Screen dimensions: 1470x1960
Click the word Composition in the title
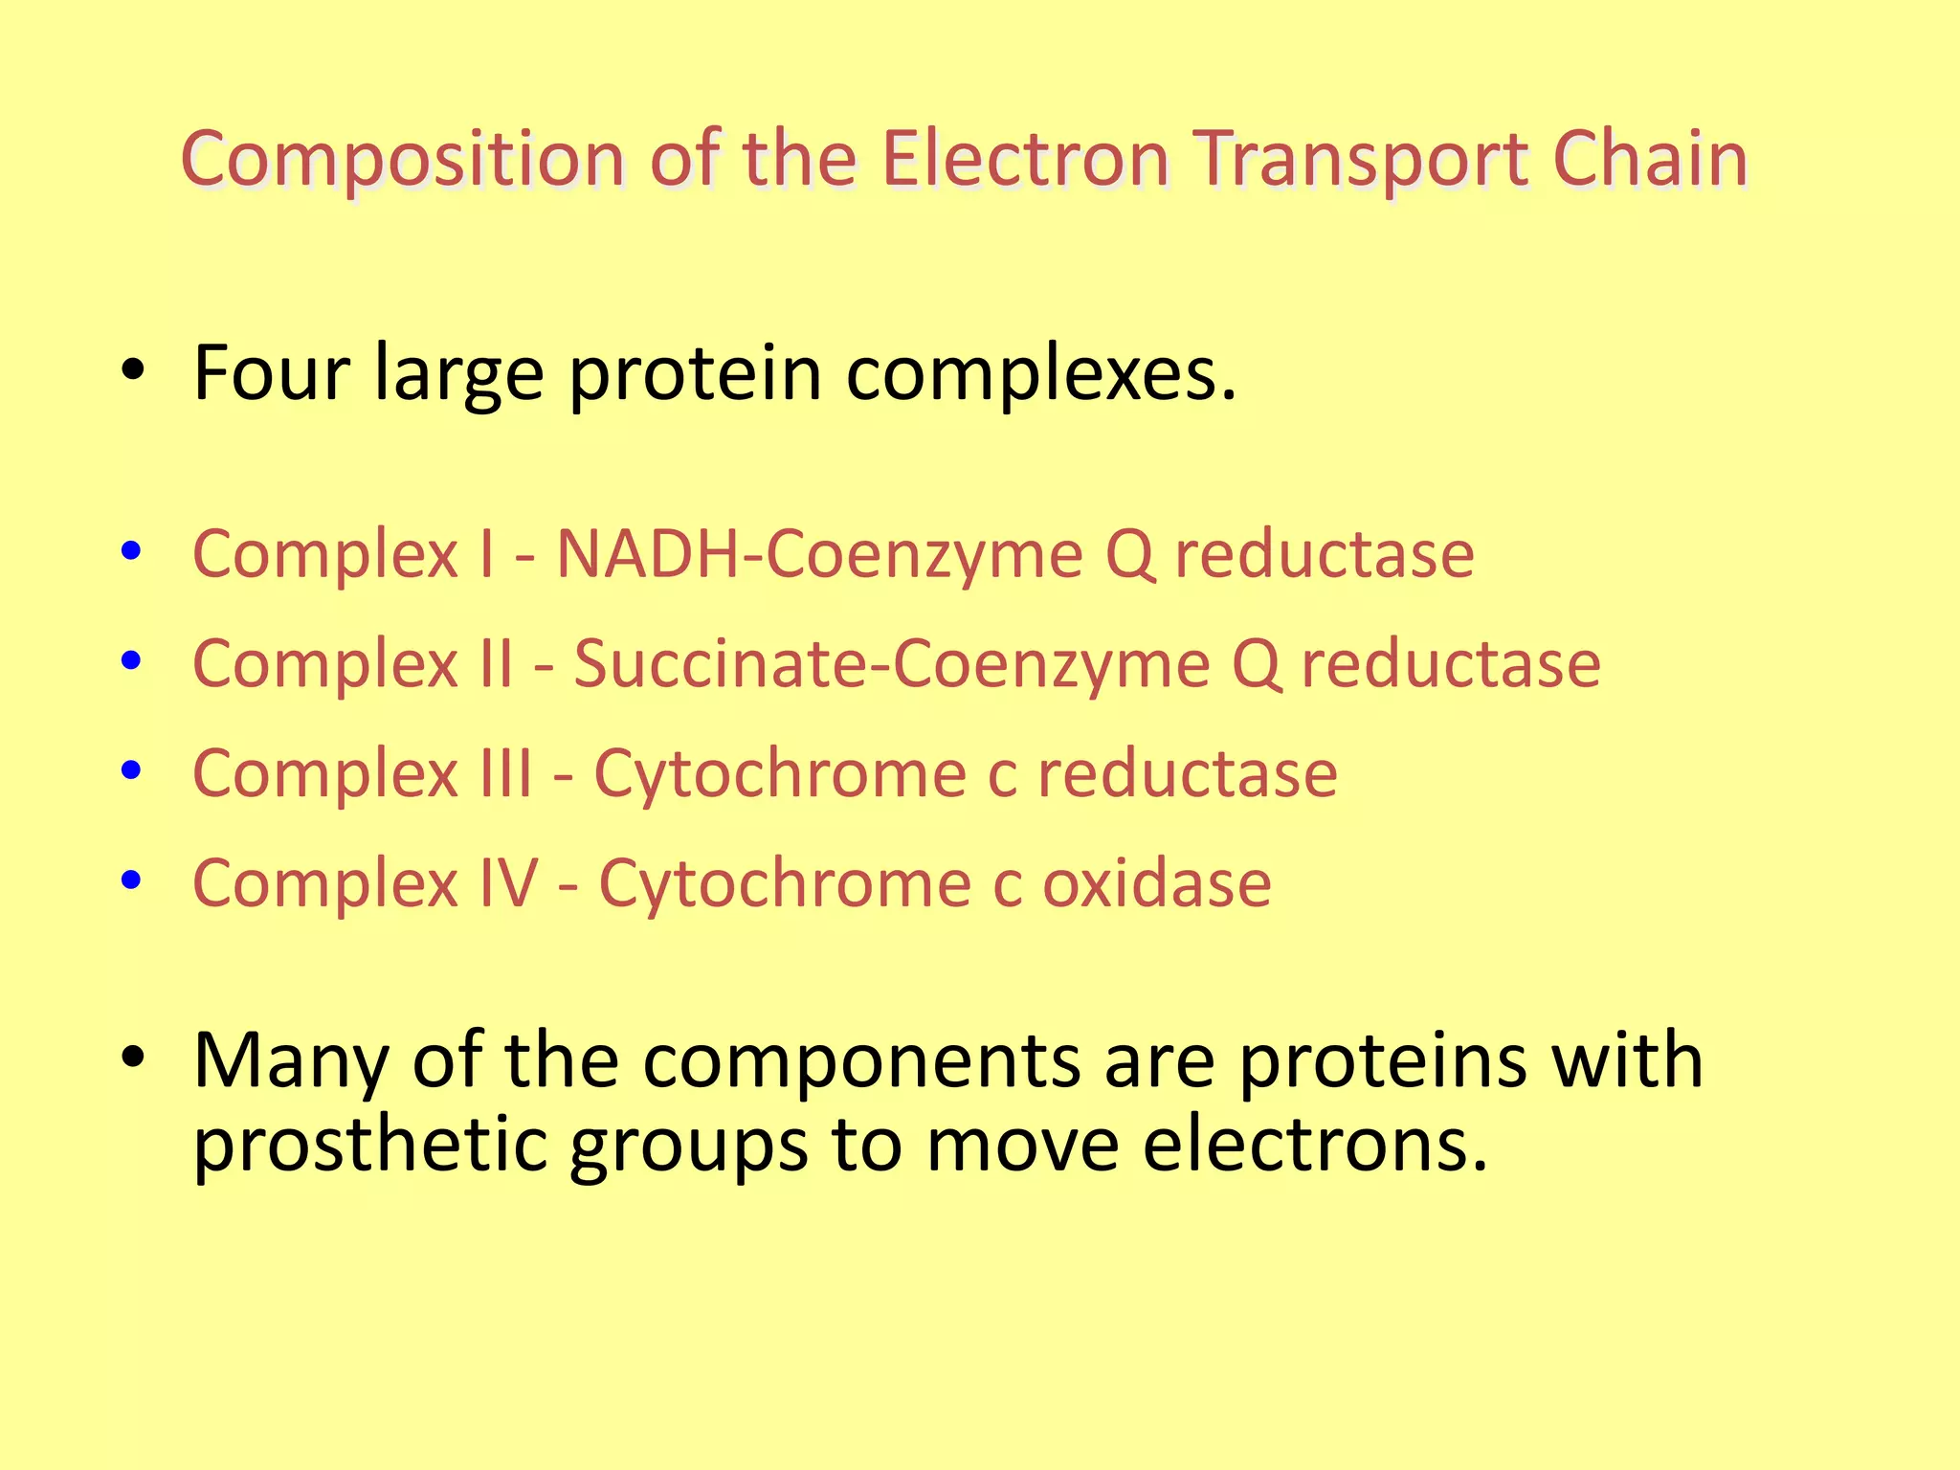402,159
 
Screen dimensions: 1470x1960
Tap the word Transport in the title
1359,159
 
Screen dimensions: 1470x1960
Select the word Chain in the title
1650,159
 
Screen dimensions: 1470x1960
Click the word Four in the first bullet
271,373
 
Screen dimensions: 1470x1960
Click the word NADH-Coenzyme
819,554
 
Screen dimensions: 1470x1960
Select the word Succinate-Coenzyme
891,663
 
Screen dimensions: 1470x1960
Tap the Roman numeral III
505,773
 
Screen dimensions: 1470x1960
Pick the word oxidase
1156,882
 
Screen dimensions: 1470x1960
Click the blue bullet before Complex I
132,550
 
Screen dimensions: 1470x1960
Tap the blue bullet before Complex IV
132,879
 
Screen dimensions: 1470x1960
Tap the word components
861,1062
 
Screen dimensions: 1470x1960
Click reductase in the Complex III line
1187,773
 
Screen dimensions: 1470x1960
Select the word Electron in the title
1024,159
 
